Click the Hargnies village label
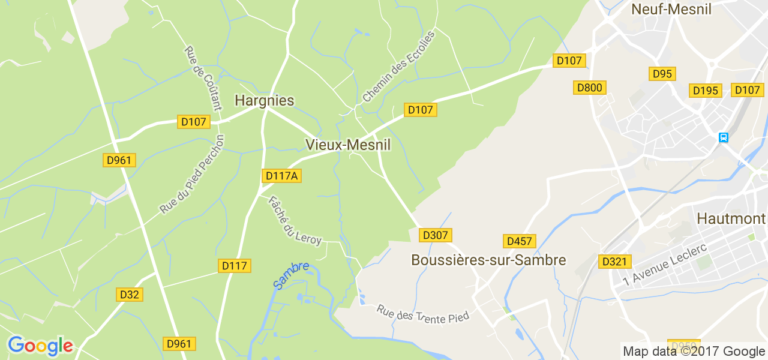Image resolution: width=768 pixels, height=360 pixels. (264, 100)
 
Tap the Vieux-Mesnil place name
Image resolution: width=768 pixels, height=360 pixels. (348, 145)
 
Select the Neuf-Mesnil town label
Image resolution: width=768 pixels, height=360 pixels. (671, 9)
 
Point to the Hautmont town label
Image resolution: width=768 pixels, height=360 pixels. (731, 219)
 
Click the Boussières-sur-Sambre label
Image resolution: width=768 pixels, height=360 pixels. (488, 260)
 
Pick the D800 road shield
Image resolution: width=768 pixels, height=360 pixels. (589, 88)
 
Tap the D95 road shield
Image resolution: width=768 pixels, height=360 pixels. (662, 74)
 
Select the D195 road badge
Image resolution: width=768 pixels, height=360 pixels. (706, 91)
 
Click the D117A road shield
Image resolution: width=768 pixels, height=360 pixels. (281, 176)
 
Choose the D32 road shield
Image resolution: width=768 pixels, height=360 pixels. (129, 295)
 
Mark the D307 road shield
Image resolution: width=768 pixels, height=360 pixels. (436, 235)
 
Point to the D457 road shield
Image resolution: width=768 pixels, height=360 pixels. (519, 241)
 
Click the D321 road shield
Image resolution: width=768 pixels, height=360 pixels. (614, 262)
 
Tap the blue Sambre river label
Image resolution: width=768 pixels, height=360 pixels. (291, 274)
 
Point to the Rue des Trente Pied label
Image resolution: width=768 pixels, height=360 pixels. (422, 314)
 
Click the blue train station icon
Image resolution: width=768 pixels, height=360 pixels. (724, 137)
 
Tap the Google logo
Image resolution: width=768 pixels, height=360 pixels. (40, 346)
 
